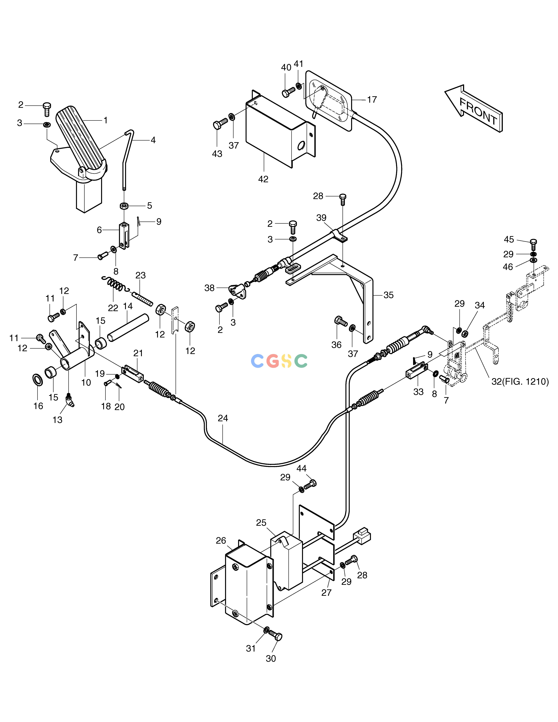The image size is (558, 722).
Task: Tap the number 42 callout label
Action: [263, 179]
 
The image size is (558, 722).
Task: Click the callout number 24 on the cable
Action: [223, 418]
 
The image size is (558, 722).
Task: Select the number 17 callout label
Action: [372, 99]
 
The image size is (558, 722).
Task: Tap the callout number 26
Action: [221, 541]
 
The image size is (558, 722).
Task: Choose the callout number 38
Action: [210, 288]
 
